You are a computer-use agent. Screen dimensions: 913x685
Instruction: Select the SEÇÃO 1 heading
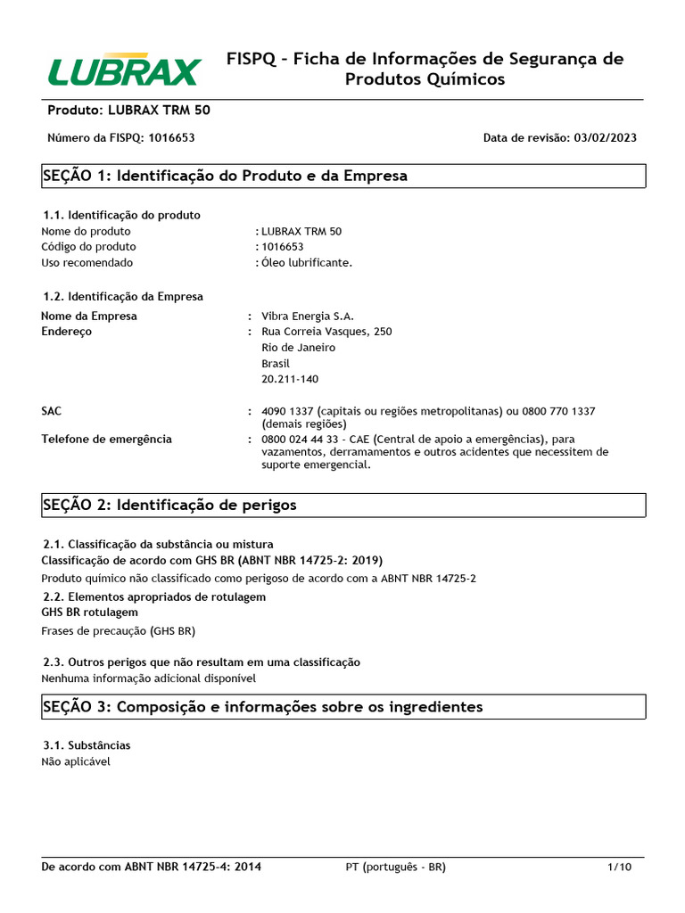(x=225, y=176)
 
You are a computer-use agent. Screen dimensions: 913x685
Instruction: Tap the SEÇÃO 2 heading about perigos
(x=169, y=505)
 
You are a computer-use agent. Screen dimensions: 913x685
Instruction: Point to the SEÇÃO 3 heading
(x=262, y=706)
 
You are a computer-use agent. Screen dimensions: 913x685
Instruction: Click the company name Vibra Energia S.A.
(x=308, y=316)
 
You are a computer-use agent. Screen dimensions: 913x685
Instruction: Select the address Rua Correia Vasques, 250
(x=326, y=332)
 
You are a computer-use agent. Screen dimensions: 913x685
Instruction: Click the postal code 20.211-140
(x=290, y=379)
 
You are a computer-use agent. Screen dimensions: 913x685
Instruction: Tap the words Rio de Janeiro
(x=298, y=347)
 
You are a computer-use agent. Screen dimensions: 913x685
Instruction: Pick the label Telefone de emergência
(x=106, y=439)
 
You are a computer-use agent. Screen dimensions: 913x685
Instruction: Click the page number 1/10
(x=619, y=867)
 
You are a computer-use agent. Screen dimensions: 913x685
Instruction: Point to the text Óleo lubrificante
(x=307, y=262)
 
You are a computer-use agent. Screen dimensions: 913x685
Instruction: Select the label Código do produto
(x=88, y=246)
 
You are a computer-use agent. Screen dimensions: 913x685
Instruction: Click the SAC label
(x=52, y=411)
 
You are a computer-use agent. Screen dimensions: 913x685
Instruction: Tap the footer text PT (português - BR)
(x=395, y=867)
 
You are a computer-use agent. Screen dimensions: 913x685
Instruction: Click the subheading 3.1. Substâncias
(x=87, y=744)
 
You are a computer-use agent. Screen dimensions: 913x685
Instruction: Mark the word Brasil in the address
(x=276, y=363)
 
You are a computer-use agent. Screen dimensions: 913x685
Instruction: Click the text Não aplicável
(x=76, y=761)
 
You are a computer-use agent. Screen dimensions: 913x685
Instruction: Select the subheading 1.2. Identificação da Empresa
(x=123, y=296)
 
